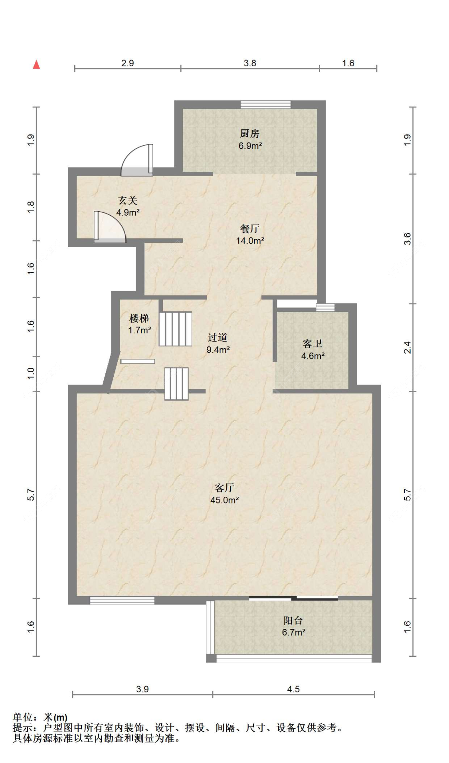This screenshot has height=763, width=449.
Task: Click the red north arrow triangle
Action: coord(36,64)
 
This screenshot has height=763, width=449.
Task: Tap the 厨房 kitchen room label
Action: coord(250,133)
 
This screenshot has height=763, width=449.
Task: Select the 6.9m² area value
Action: coord(250,146)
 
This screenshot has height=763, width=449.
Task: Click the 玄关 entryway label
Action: coord(128,200)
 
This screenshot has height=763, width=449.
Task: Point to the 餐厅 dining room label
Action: coord(250,228)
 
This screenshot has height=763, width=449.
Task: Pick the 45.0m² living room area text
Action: coord(225,500)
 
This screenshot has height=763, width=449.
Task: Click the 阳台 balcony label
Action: coord(293,620)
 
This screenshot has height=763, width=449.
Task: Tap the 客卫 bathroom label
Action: coord(313,343)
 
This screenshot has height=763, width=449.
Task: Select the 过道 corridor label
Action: coord(218,337)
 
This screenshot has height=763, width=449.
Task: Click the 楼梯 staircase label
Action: coord(139,318)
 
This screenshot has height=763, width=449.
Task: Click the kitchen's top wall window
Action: coord(265,105)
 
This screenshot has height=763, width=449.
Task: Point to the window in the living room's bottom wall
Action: coord(122,600)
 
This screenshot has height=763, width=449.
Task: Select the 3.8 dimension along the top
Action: coord(250,63)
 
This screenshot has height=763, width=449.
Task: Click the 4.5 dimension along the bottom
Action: coord(293,689)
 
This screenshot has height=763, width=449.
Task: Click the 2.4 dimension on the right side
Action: coord(407,347)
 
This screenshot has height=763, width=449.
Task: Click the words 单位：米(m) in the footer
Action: coord(40,717)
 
